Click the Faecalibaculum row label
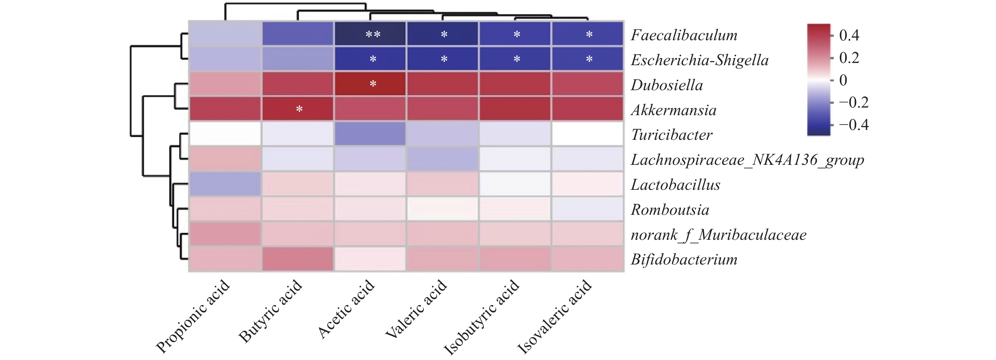pos(684,35)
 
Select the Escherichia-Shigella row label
pos(699,60)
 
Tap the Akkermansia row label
pos(673,110)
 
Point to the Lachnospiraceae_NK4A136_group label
pos(747,160)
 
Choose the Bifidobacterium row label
pos(684,259)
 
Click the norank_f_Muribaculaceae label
pos(718,234)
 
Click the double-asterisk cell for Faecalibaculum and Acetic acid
pos(370,34)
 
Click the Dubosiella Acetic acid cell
pos(370,84)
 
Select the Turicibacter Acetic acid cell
pos(370,134)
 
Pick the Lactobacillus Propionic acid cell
pos(225,184)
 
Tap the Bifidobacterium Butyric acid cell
pos(298,259)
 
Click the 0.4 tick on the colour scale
pos(849,35)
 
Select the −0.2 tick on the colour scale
pos(853,102)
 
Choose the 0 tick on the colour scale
pos(843,80)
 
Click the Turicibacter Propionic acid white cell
pos(225,134)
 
